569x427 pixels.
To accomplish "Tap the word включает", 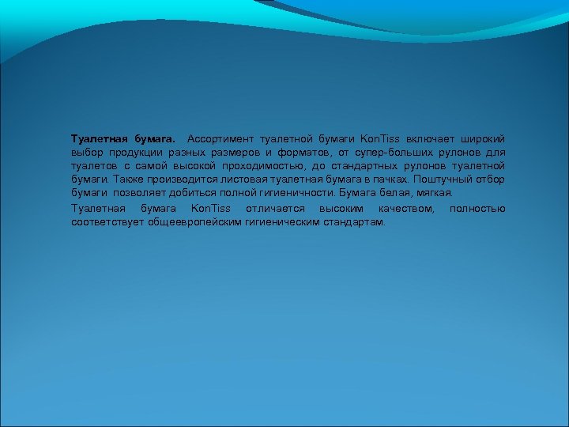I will point(428,138).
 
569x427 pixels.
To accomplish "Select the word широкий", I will point(480,138).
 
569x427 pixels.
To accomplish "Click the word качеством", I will point(406,208).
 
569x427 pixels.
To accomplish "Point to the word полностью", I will point(477,208).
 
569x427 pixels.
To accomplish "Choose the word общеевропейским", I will point(193,221).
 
